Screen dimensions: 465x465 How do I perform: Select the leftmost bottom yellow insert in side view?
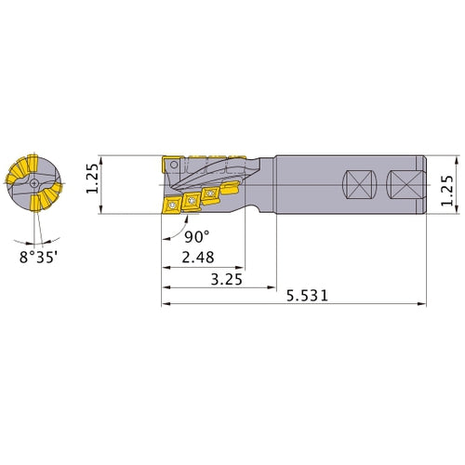point(173,206)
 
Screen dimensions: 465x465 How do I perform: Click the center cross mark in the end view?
point(33,184)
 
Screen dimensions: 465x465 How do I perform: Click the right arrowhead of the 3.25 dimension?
point(273,286)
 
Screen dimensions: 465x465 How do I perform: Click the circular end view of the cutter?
point(33,184)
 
